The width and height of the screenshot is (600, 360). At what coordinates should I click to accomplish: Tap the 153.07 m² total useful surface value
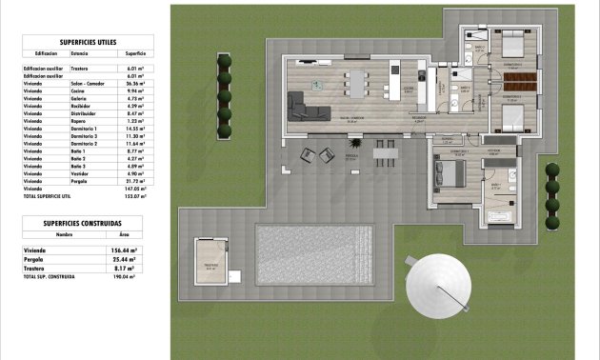[134, 195]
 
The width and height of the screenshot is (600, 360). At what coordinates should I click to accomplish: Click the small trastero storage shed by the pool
[210, 259]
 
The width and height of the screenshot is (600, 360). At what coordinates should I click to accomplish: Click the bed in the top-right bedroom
[513, 45]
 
